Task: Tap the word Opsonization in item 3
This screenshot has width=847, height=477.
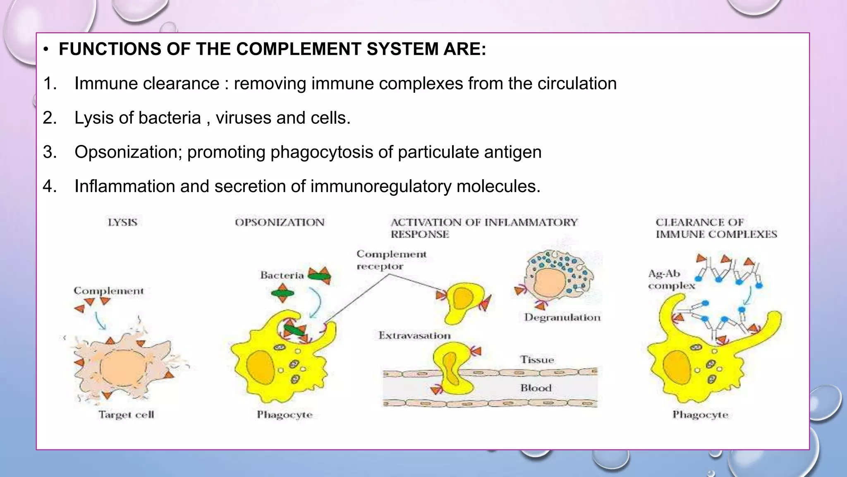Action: tap(128, 152)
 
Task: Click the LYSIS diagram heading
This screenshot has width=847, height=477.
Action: tap(122, 222)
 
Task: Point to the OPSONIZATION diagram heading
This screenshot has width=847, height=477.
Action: tap(280, 222)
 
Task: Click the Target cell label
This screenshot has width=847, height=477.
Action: tap(126, 414)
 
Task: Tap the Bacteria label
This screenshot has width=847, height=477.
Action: tap(282, 275)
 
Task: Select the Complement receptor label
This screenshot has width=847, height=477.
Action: tap(391, 260)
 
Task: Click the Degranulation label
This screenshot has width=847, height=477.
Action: tap(562, 318)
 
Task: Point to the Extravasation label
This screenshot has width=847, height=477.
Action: tap(414, 335)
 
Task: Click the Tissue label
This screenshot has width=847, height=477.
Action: tap(537, 360)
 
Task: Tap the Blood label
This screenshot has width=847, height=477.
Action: tap(536, 388)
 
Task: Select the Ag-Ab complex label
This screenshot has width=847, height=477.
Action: tap(671, 279)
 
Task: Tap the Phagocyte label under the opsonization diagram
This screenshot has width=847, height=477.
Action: tap(285, 414)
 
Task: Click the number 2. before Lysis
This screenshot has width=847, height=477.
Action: tap(50, 118)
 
